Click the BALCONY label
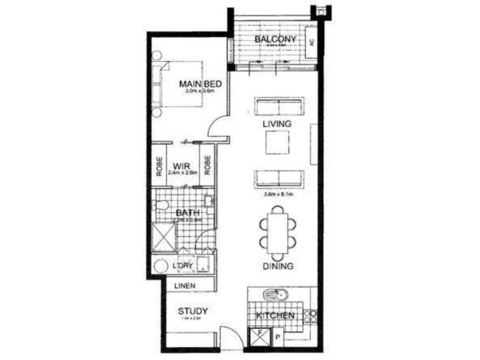click(x=276, y=40)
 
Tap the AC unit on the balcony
click(x=312, y=43)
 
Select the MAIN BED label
click(x=197, y=83)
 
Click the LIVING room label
click(x=277, y=124)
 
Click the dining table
click(x=278, y=230)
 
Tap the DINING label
click(x=277, y=266)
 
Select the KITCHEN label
click(x=275, y=316)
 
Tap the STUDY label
click(x=193, y=311)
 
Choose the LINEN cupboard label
click(x=185, y=286)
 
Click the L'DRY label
click(x=182, y=266)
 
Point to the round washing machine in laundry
click(x=161, y=266)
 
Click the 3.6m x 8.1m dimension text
click(x=278, y=194)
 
